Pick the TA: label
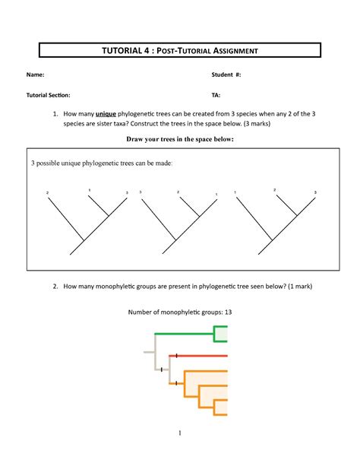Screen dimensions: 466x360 point(216,96)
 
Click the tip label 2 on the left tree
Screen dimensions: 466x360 point(48,192)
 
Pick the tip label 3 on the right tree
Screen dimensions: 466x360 point(315,192)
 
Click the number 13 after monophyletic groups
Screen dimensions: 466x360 point(227,312)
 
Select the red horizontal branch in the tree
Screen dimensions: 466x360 point(201,355)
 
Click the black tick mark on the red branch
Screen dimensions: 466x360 point(176,355)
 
